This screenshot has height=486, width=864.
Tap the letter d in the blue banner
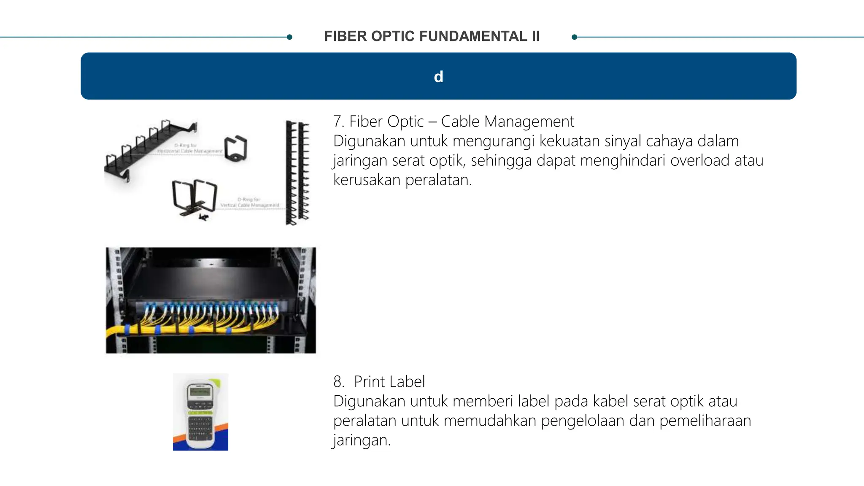pos(438,77)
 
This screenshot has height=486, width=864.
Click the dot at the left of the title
pos(289,37)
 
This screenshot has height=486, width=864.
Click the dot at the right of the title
pos(574,37)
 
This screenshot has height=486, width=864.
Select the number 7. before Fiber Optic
pos(339,122)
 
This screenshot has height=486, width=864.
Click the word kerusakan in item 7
pos(367,180)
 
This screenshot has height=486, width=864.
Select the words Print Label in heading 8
pos(389,382)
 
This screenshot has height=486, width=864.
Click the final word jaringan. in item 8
pos(362,440)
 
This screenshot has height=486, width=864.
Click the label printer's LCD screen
pos(200,392)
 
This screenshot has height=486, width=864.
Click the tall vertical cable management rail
pos(297,173)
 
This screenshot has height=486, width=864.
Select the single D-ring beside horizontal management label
pos(236,148)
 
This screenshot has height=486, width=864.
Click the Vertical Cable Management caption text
pos(250,205)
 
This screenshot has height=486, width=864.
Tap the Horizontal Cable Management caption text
pos(190,151)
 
